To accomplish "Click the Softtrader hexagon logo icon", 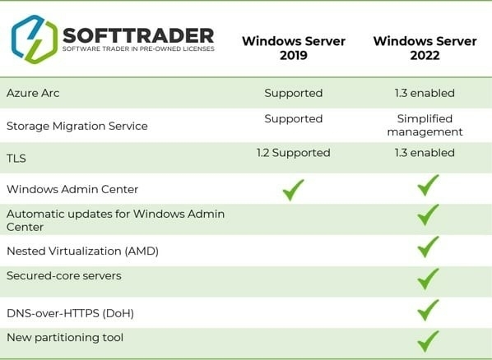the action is pos(35,39).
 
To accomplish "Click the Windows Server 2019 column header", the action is pos(294,48).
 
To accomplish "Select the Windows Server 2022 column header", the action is pos(425,48).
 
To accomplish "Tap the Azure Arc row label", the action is pos(33,93).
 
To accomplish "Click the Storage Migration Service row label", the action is pos(77,126).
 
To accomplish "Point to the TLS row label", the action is pos(16,159).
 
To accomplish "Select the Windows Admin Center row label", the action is pos(72,189).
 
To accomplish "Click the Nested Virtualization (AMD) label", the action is pos(82,252).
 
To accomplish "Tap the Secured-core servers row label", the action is pos(64,275).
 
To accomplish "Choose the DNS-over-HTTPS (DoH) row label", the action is pos(70,313).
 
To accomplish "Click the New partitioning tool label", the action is pos(65,338).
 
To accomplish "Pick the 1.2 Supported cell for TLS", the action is pos(294,153).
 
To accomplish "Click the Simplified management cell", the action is pos(425,125).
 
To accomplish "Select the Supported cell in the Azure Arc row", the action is pos(294,93).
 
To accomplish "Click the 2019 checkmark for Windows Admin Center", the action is pos(293,190).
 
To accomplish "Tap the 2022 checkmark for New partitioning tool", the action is pos(428,341).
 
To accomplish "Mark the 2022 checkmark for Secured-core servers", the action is pos(428,279).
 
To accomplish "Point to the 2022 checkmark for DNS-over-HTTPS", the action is pos(428,310).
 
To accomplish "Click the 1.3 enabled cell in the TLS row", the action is pos(425,153).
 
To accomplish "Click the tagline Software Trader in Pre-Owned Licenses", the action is pos(138,49).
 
